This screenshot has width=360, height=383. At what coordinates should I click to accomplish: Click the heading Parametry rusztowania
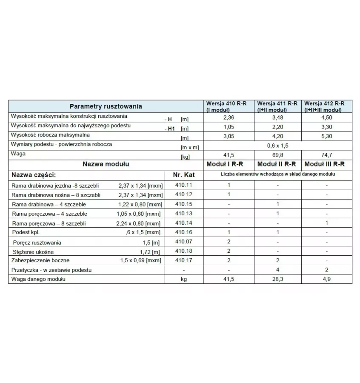pos(106,106)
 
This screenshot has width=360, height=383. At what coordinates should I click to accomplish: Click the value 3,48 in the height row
pos(278,117)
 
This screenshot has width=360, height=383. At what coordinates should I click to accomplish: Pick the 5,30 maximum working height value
pos(326,137)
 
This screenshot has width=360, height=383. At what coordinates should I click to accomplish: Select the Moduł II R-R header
pos(278,164)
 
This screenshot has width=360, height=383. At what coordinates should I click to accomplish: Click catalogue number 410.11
pos(183,185)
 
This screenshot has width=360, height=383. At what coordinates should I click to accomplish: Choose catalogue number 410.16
pos(183,232)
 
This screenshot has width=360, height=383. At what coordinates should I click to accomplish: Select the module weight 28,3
pos(278,279)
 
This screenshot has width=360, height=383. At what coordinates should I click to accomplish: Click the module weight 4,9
pos(326,279)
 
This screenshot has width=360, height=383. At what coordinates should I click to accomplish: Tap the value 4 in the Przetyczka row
pos(278,270)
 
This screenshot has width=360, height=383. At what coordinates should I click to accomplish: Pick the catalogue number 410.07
pos(183,242)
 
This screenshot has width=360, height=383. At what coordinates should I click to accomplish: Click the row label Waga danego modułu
pos(39,279)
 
